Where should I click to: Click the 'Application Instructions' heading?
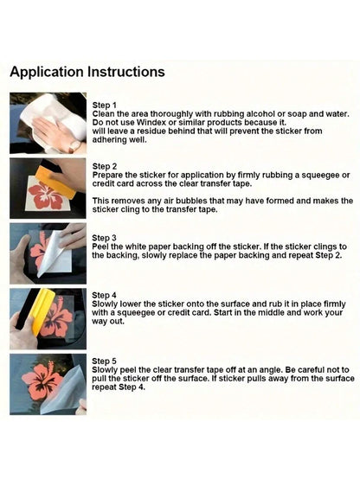(87, 73)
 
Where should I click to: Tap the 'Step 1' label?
(104, 106)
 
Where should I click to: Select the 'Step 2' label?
(105, 167)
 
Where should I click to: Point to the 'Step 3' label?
(104, 238)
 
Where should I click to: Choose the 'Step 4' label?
(104, 296)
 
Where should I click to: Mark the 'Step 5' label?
(104, 362)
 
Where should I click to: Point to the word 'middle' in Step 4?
(272, 312)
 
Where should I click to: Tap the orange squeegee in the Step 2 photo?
(57, 181)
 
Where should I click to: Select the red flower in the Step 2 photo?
(46, 195)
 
